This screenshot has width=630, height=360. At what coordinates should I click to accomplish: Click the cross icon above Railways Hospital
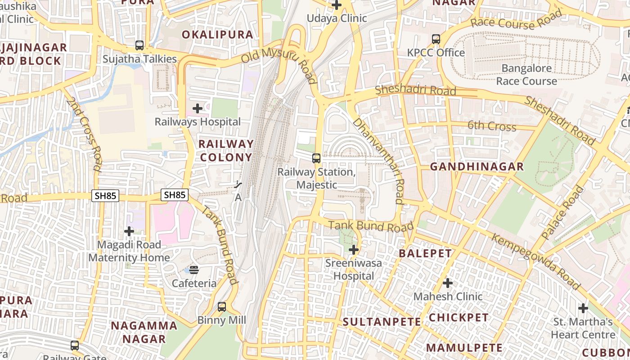point(197,108)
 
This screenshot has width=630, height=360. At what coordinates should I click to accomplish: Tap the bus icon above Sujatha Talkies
point(139,45)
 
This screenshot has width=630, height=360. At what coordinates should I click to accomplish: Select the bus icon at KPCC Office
point(436,39)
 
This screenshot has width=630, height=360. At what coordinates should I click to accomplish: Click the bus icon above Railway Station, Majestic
point(316,158)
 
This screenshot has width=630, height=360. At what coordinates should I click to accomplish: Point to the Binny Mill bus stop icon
point(222,307)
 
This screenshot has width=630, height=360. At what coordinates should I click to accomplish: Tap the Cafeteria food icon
point(194,270)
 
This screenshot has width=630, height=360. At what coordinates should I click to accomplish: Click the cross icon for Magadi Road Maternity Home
point(129,231)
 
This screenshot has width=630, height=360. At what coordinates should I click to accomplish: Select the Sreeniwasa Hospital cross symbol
point(354,250)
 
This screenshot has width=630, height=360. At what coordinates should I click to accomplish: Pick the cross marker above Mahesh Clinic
point(447,283)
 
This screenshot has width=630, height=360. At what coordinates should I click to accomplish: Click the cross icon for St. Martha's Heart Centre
point(583,308)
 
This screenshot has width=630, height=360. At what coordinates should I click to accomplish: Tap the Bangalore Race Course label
point(526,75)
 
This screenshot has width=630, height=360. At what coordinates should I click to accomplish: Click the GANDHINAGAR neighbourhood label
point(477,167)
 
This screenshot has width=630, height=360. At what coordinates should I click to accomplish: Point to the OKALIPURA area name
point(217,35)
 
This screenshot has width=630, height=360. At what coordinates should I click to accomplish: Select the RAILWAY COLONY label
point(226,150)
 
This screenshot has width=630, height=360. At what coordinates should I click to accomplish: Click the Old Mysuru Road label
point(279,63)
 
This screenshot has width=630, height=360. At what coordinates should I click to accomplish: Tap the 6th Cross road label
point(492,126)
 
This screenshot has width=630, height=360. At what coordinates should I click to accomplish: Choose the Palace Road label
point(562,213)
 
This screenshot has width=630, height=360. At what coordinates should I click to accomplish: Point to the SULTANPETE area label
point(382,322)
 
